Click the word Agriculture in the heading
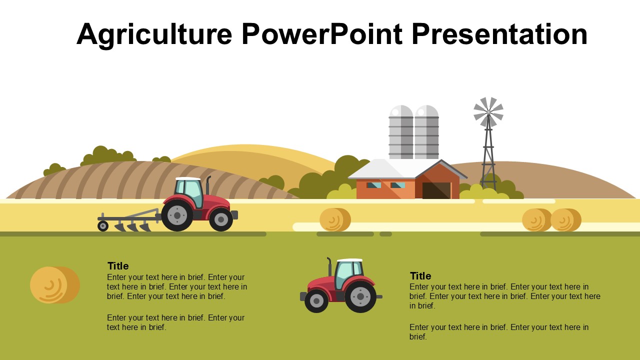coord(154,34)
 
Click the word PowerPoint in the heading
coord(321,34)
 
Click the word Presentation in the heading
coord(499,34)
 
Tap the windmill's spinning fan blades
coord(488,112)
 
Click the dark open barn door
coord(436,190)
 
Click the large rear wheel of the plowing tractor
coord(177,215)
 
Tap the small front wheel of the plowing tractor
coord(221,219)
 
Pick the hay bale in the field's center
coord(334,220)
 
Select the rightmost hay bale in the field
coord(565,220)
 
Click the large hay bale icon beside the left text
coord(54,285)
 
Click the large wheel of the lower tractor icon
coord(360,296)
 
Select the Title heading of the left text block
coord(118,266)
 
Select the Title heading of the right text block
coord(420,276)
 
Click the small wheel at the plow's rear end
coord(103,226)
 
